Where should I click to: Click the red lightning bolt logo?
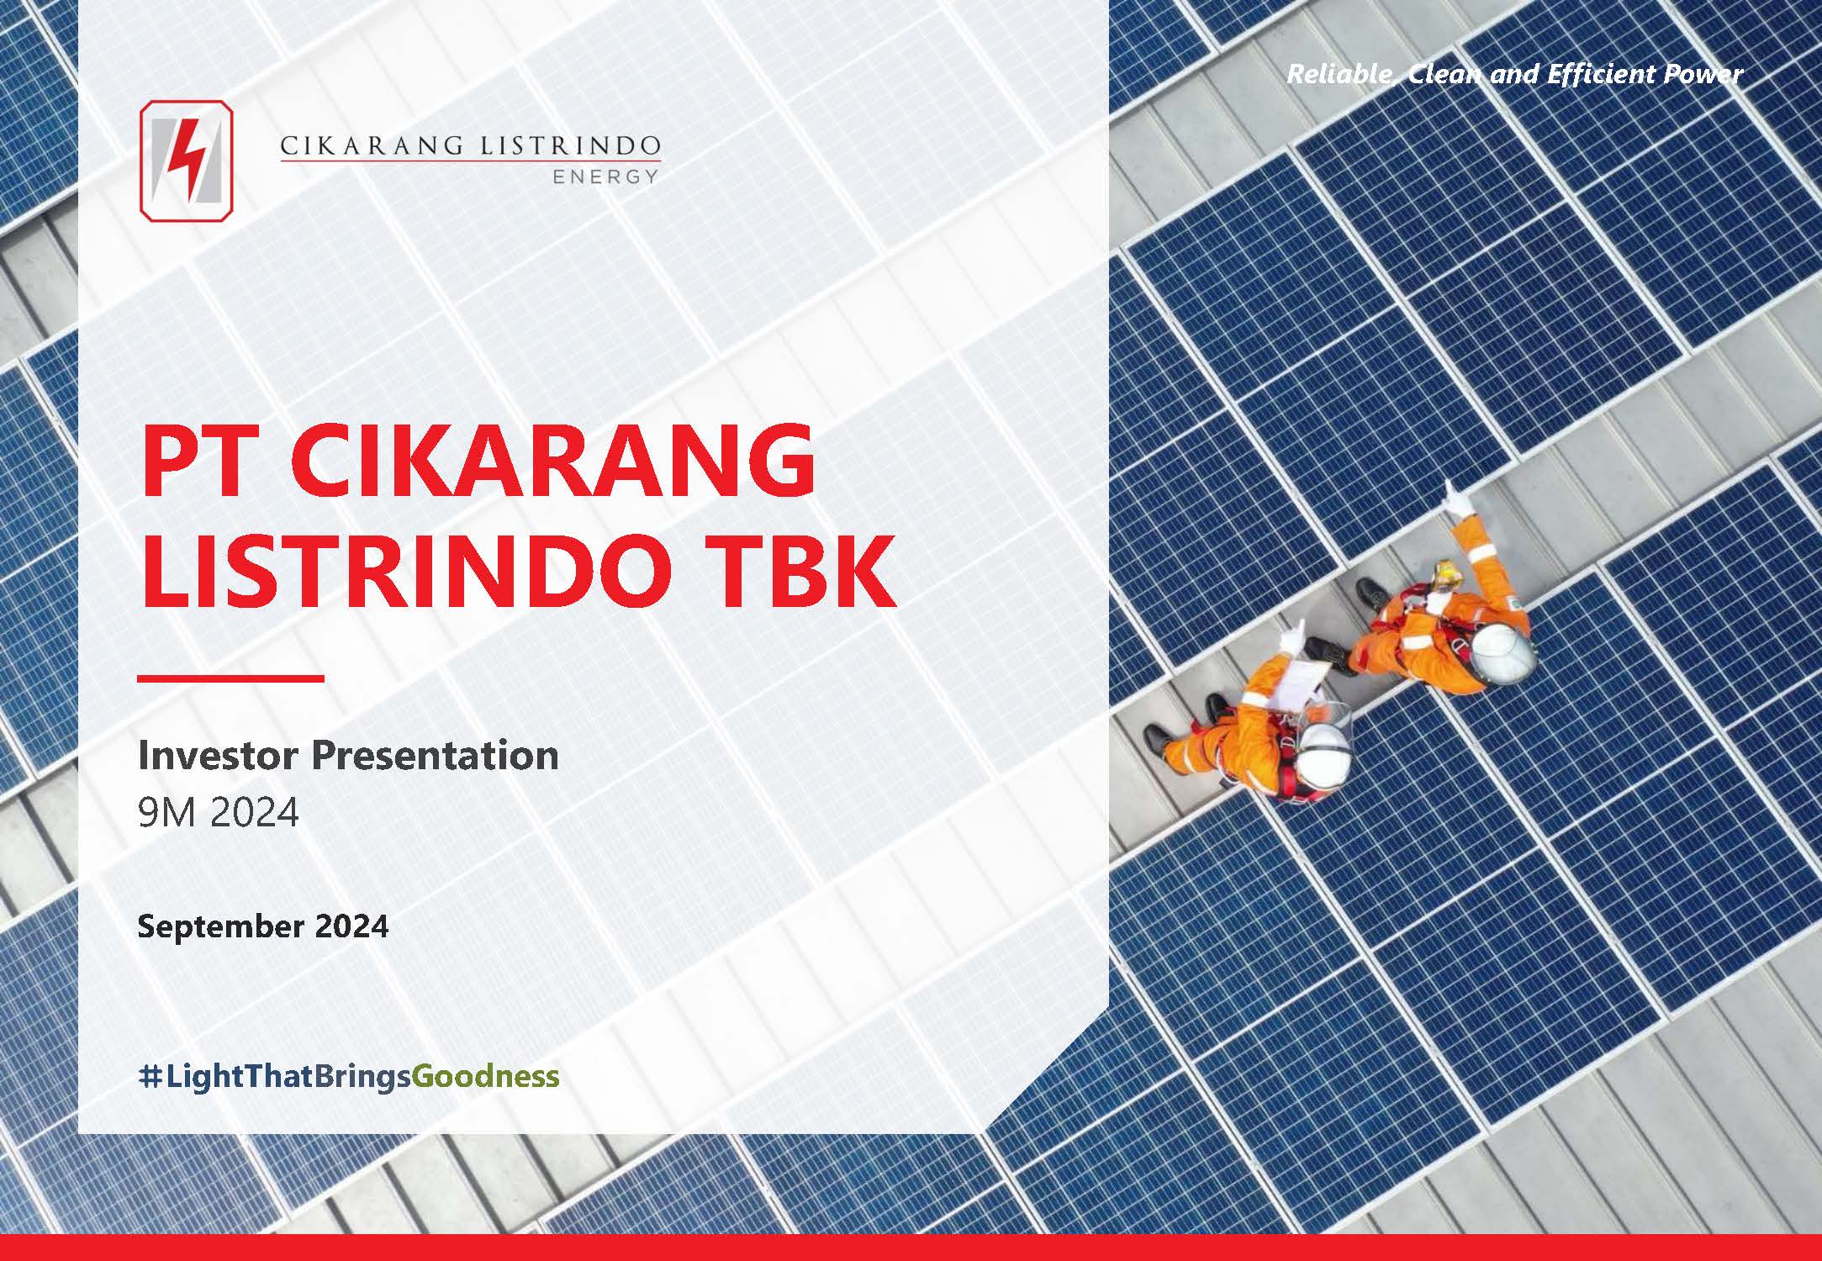[187, 161]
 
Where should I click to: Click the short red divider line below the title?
[230, 678]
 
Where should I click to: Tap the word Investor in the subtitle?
[218, 755]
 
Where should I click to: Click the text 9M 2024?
[219, 813]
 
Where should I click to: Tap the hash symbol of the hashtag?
[149, 1077]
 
